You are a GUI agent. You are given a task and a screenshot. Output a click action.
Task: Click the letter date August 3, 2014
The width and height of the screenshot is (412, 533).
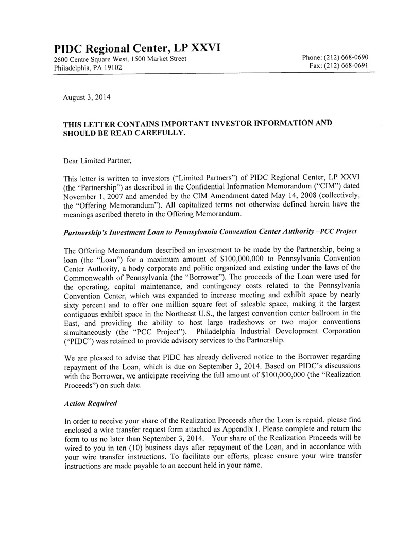tap(86, 97)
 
